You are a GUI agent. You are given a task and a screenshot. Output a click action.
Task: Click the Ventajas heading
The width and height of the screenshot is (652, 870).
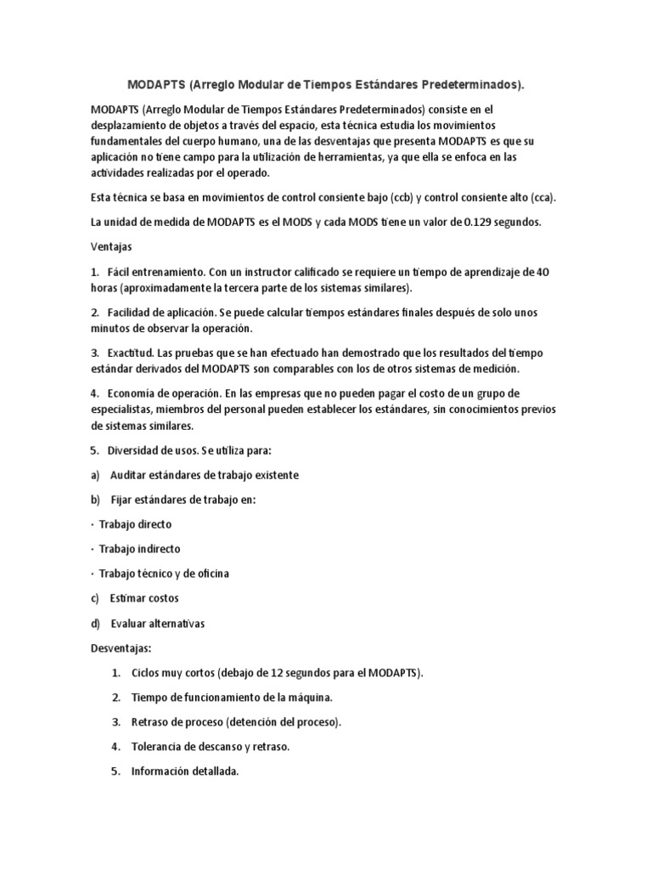[111, 247]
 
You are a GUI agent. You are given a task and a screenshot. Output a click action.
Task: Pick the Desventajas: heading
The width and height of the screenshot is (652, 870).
[121, 648]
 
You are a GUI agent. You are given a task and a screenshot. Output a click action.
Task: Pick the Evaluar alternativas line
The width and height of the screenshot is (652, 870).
[158, 624]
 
